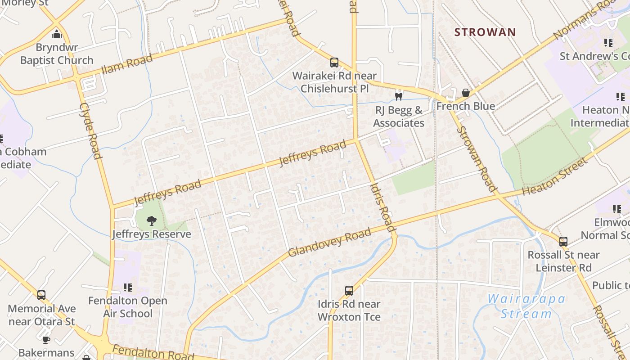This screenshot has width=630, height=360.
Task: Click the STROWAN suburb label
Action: coord(485,32)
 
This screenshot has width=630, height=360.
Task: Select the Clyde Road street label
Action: coord(90,130)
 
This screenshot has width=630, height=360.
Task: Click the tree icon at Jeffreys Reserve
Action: coord(152,220)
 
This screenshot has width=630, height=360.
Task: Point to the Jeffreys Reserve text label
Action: coord(152,234)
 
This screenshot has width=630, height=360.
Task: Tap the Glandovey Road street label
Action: coord(329,243)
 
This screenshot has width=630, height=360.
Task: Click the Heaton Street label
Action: coord(555,176)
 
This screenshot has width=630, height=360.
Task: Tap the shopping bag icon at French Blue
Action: coord(466,93)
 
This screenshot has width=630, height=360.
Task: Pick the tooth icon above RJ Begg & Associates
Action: coord(398,96)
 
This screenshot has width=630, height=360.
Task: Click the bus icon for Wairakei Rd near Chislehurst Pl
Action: coord(334,62)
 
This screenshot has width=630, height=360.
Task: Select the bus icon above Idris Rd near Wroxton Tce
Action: coord(349,291)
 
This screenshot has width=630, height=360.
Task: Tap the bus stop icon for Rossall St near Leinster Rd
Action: coord(563,242)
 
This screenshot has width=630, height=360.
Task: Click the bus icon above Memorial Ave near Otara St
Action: coord(41,295)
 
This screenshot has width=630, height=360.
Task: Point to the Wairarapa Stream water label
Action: coord(526,306)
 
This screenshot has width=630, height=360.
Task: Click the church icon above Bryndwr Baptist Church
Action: coord(57,34)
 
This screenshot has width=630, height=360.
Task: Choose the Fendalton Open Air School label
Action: coord(128,307)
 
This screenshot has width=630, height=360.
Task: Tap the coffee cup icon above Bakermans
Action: coord(46,340)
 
